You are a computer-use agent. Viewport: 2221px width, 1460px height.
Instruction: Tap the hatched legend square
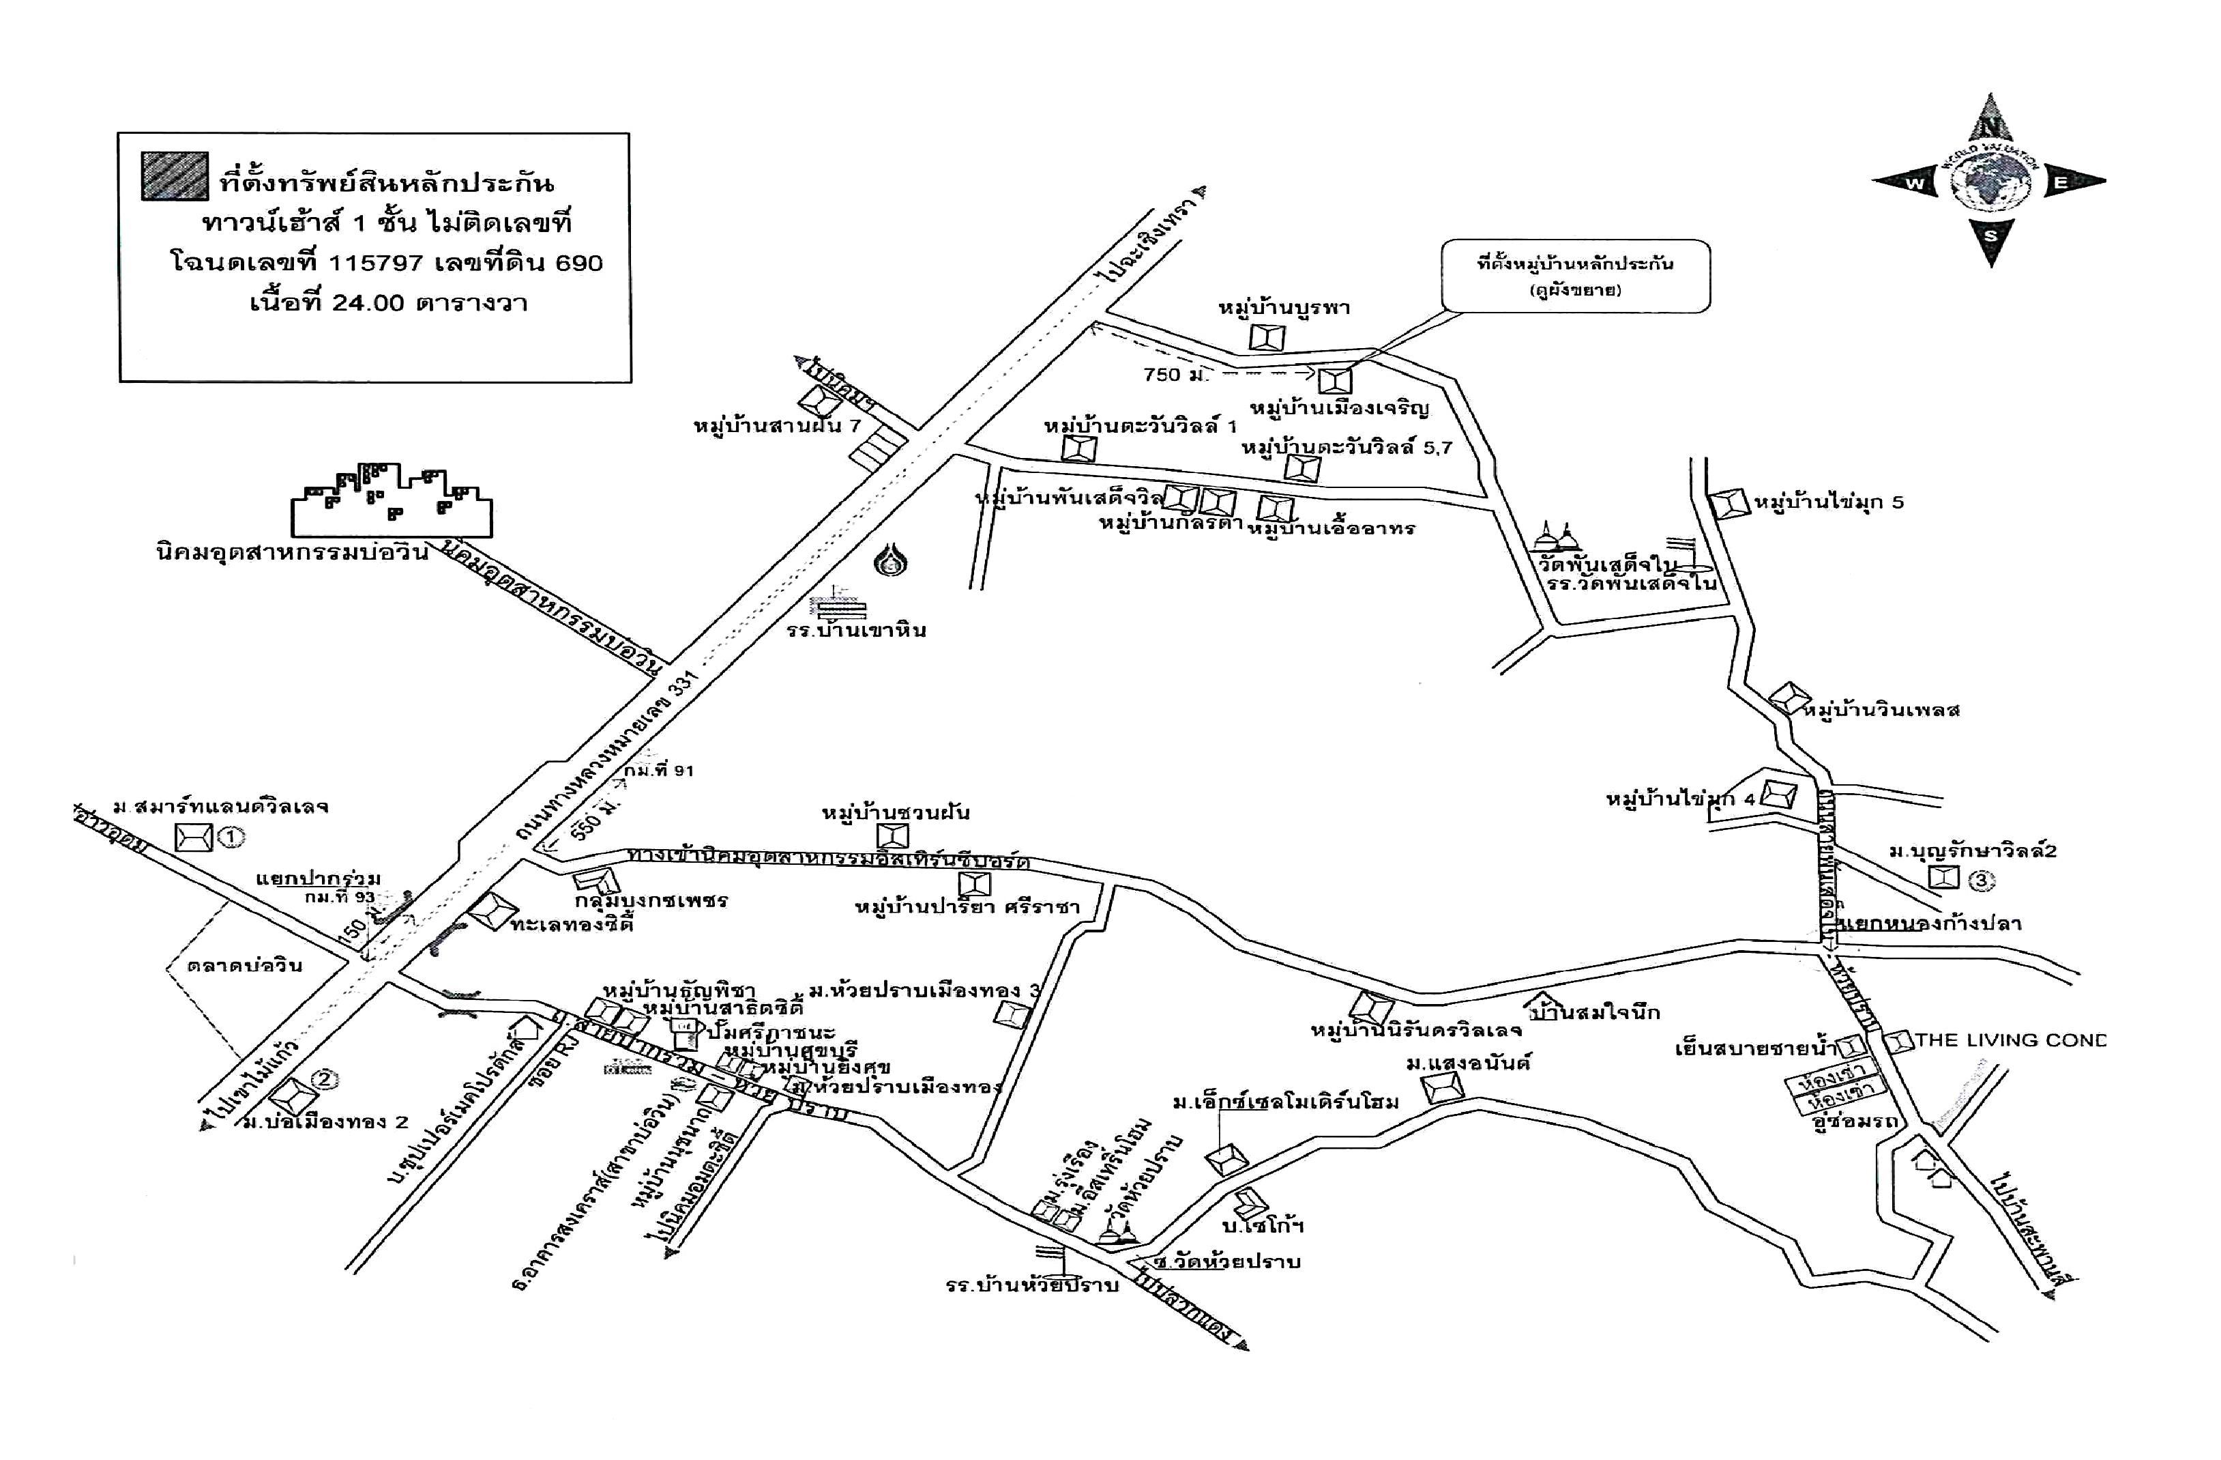tap(175, 175)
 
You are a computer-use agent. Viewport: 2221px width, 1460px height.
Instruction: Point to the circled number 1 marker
tap(231, 838)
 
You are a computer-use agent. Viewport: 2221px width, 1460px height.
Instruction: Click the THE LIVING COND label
tap(2009, 1040)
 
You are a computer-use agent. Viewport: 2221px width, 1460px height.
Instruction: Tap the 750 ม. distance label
tap(1174, 375)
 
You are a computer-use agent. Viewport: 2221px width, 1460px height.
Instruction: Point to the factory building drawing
tap(392, 500)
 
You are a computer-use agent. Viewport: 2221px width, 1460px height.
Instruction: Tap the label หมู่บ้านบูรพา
tap(1284, 308)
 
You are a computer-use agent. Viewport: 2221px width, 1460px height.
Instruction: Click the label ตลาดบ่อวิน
tap(244, 965)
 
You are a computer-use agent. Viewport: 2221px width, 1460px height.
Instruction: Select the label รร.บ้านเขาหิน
tap(856, 630)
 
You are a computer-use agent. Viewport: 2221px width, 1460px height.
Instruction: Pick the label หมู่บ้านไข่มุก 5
tap(1828, 502)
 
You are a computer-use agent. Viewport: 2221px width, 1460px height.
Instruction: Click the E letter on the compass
tap(2059, 183)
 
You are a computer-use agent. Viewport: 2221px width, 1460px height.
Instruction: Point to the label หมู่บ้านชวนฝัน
tap(895, 812)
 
